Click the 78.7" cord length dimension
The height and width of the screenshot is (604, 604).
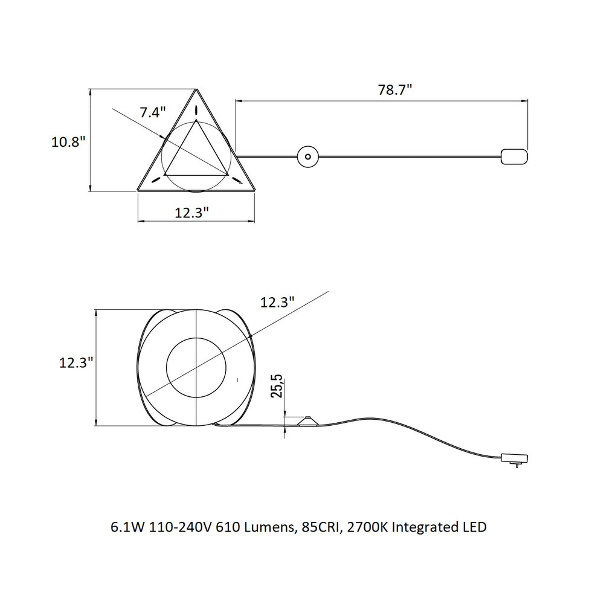click(395, 90)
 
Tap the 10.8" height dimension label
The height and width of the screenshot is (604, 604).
click(68, 142)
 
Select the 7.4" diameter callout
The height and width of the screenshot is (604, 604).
click(153, 112)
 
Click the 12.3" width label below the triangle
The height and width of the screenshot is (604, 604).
click(192, 213)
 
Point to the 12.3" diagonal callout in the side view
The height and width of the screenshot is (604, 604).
click(277, 303)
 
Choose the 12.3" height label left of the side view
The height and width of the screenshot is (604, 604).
click(76, 362)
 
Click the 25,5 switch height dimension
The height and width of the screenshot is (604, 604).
click(277, 386)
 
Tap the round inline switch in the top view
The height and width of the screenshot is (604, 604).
click(308, 157)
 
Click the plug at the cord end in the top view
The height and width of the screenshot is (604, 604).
click(514, 157)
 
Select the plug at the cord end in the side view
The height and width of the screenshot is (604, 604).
click(515, 459)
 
